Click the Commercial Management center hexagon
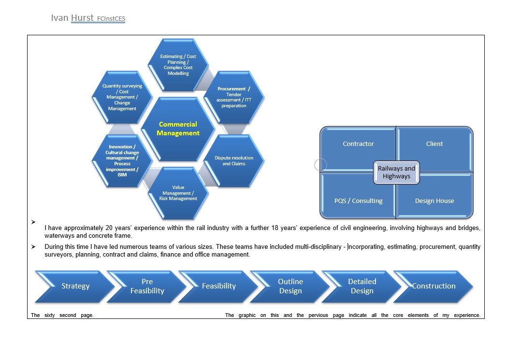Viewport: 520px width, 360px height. tap(178, 129)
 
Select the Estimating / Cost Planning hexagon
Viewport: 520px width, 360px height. tap(178, 65)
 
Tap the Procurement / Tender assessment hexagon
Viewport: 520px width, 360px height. tap(234, 97)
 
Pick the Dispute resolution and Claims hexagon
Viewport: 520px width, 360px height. tap(234, 161)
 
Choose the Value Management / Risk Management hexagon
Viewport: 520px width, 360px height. tap(178, 193)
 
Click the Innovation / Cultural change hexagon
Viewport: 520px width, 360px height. tap(122, 161)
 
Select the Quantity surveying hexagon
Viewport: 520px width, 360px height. tap(122, 97)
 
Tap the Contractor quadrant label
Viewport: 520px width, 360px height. tap(358, 144)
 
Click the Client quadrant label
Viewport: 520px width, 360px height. tap(434, 144)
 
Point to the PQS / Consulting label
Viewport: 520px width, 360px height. tap(358, 201)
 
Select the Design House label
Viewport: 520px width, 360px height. tap(434, 201)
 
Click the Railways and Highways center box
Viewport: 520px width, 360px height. tap(396, 173)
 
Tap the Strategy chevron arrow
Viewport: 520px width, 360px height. tap(75, 287)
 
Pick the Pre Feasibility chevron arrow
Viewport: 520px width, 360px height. tap(147, 287)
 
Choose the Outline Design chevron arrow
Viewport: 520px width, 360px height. tap(290, 287)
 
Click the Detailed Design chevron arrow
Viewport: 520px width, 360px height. tap(362, 287)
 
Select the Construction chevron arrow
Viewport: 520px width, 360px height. tap(433, 287)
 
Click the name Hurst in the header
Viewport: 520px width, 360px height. tap(82, 18)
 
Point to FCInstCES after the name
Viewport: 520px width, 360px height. tap(111, 19)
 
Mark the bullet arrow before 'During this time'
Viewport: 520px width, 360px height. tap(33, 246)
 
